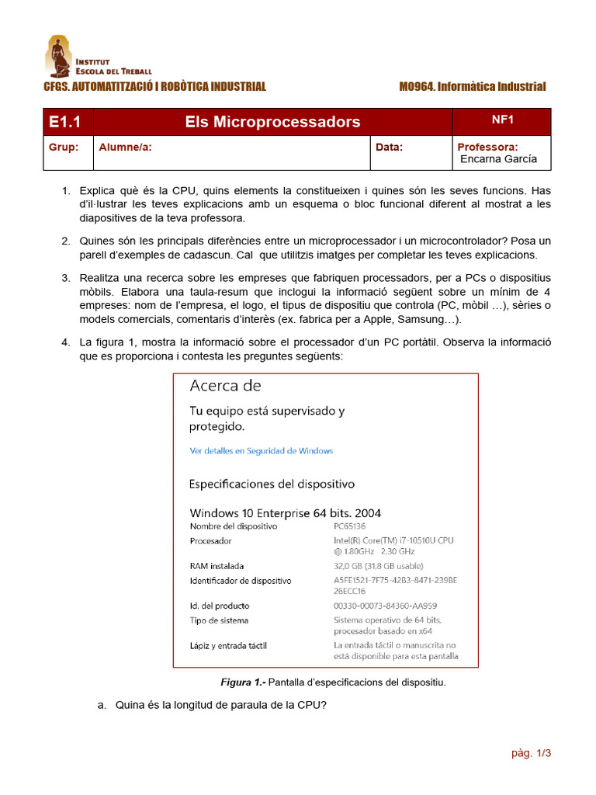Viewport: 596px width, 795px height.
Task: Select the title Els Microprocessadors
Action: (x=272, y=122)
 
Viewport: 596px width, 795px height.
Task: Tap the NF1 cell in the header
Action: (x=503, y=120)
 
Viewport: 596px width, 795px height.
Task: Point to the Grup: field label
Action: (x=64, y=147)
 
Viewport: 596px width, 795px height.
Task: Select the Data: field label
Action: (x=390, y=147)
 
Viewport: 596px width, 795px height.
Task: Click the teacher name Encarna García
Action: (x=498, y=159)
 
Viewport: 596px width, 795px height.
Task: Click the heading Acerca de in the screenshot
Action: (x=226, y=386)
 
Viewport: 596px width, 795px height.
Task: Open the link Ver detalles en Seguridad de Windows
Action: (x=262, y=450)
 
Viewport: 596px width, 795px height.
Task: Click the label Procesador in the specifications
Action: (x=210, y=540)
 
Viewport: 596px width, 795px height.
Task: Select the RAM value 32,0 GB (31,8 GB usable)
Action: (x=379, y=566)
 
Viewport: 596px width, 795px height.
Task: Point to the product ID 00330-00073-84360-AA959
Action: (x=385, y=606)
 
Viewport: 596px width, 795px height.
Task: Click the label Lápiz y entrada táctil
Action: (x=228, y=645)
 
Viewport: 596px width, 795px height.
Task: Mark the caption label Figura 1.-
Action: (x=243, y=682)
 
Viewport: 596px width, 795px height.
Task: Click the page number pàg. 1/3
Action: (x=531, y=753)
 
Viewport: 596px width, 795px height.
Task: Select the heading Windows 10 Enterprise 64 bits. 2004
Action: (x=286, y=513)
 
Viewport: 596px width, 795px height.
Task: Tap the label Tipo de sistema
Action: (x=219, y=620)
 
